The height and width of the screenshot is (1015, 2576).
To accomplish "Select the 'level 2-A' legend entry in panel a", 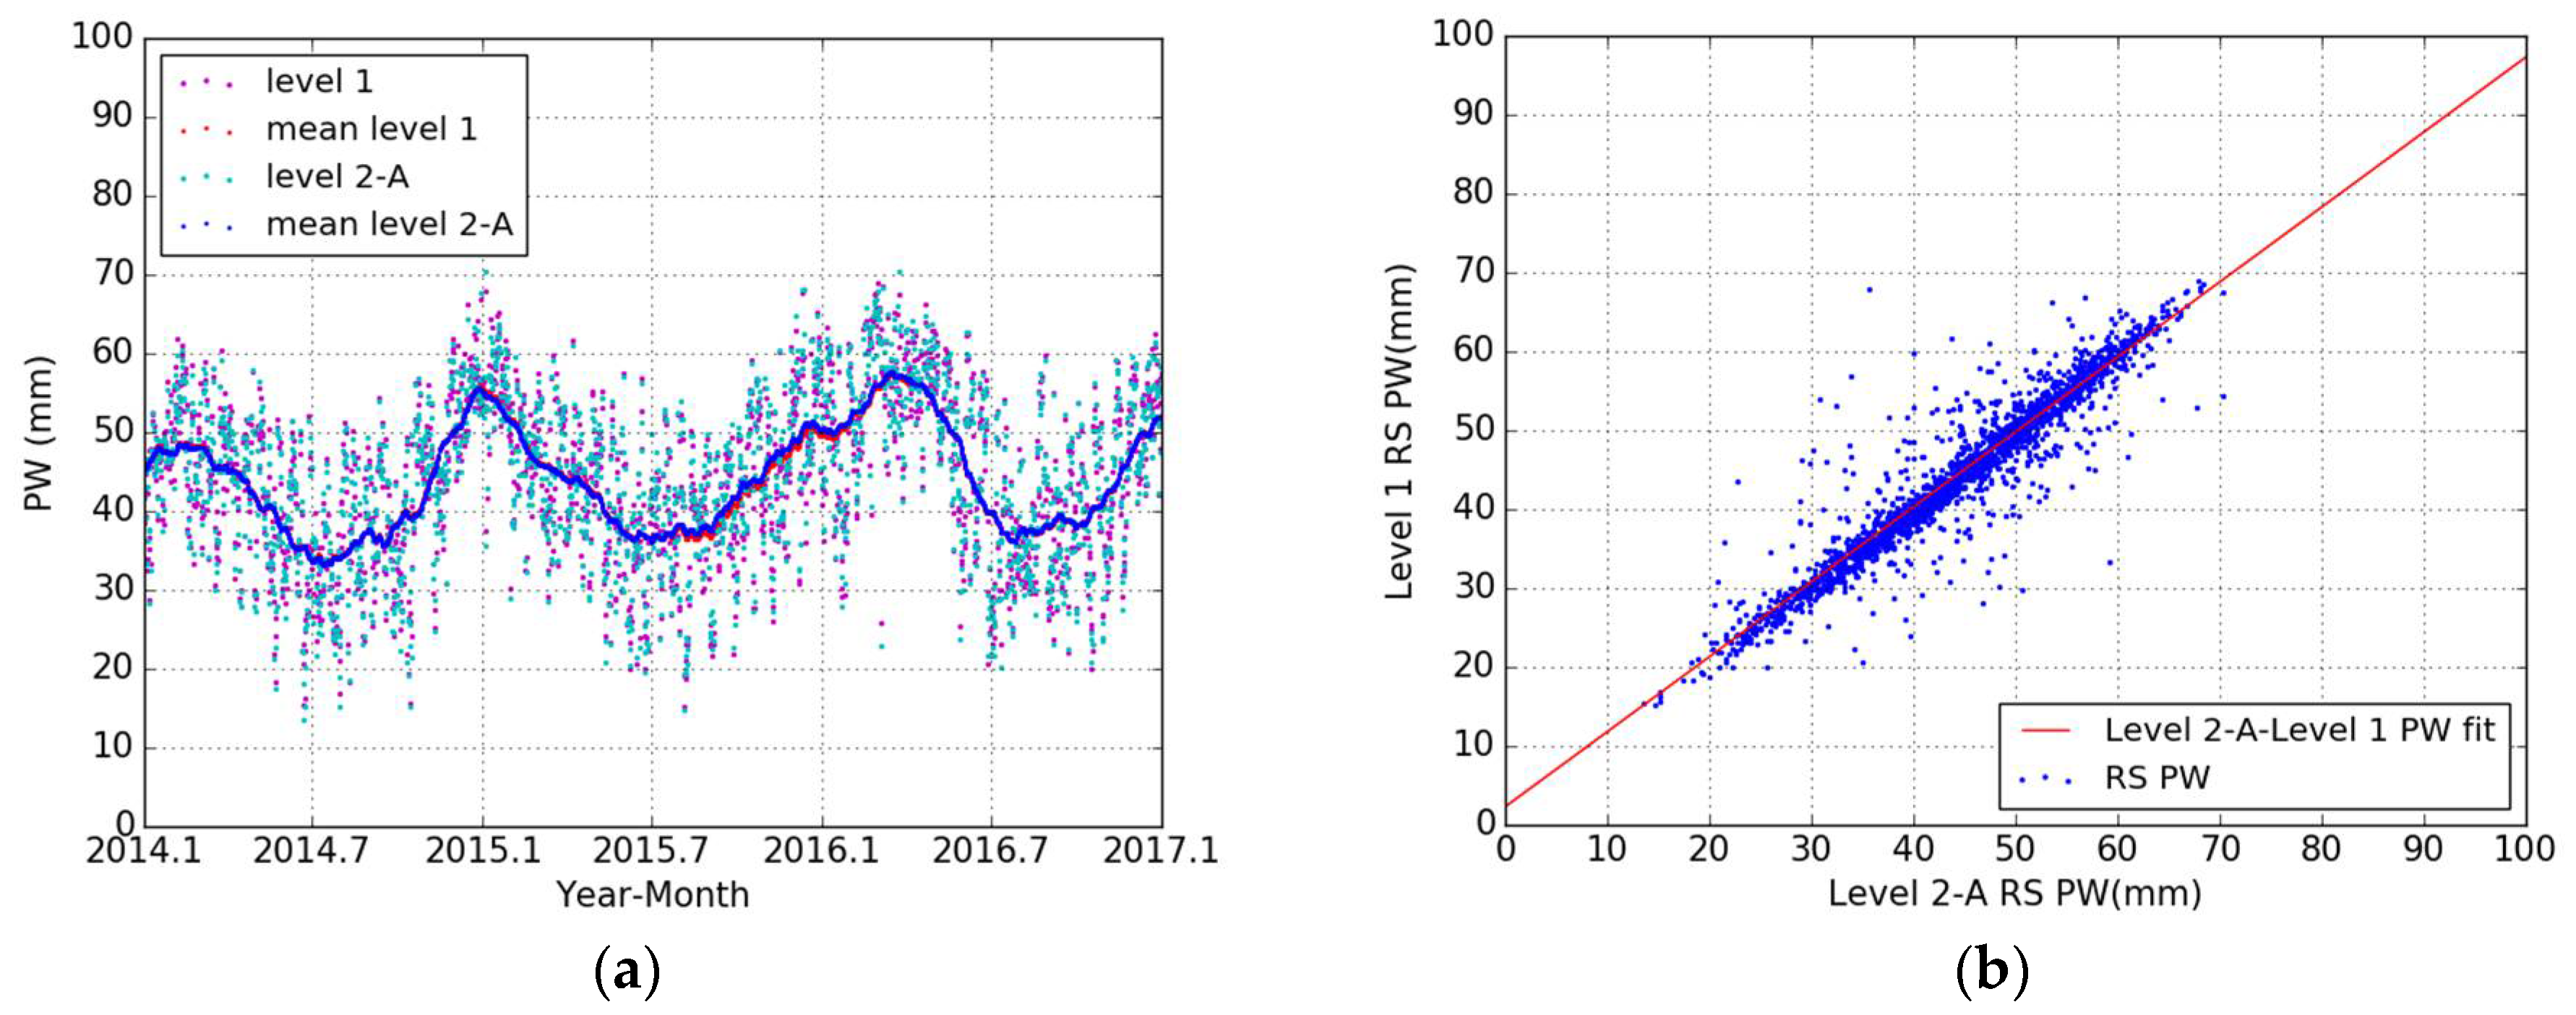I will (337, 177).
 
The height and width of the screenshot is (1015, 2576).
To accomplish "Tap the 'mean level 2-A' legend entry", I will (389, 225).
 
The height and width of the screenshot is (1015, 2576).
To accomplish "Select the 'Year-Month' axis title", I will (652, 895).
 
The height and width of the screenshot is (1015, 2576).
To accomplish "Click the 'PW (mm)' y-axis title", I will (38, 432).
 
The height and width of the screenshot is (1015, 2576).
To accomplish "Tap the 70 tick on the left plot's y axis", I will (112, 273).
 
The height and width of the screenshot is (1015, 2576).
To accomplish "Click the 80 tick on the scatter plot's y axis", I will (1473, 193).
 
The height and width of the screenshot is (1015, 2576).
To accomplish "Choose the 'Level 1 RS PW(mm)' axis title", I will (1399, 432).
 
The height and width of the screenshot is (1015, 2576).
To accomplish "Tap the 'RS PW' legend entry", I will (2157, 778).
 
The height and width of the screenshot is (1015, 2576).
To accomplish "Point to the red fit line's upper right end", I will (2525, 58).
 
